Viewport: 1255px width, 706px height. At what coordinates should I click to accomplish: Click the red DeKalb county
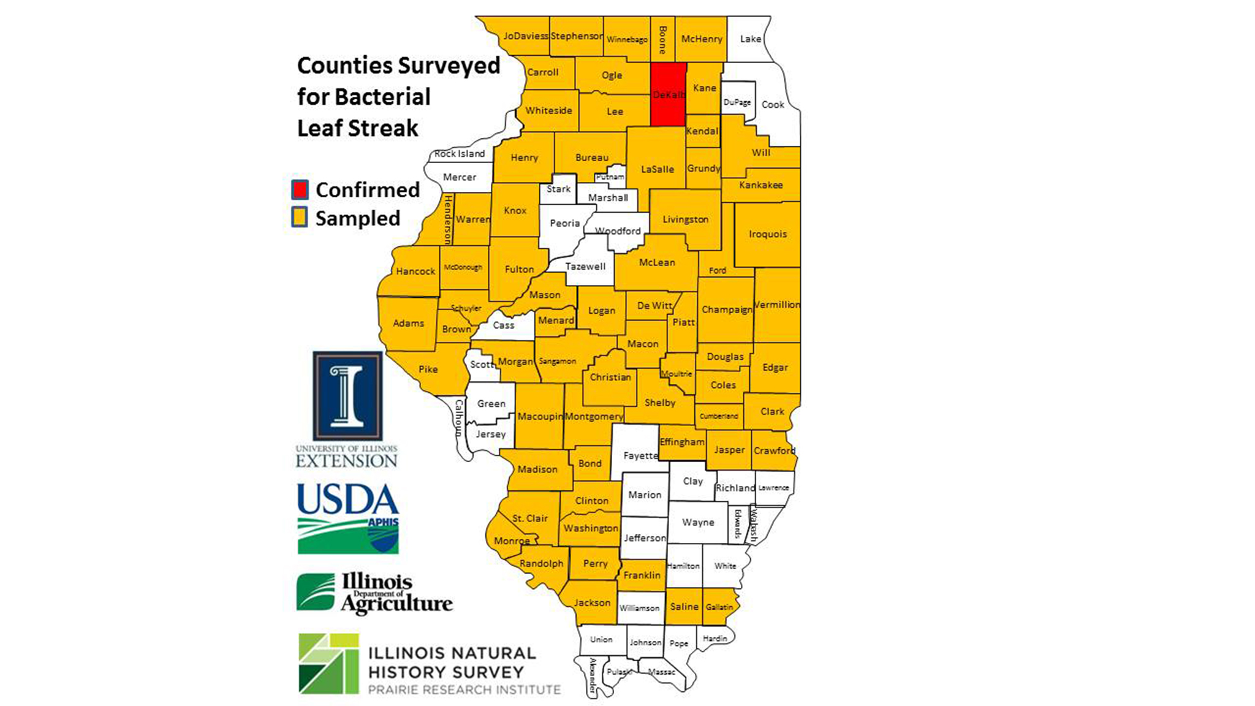(x=668, y=95)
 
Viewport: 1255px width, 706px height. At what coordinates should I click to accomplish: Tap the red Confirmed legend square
(x=300, y=190)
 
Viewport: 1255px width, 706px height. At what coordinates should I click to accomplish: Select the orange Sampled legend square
(x=300, y=218)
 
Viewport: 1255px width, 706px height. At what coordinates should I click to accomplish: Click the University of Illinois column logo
(x=347, y=396)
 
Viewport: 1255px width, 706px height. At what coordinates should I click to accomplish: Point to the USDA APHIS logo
(x=348, y=518)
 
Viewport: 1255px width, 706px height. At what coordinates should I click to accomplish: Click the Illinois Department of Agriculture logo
(x=374, y=593)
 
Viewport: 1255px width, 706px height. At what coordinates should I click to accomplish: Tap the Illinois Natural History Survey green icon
(x=328, y=664)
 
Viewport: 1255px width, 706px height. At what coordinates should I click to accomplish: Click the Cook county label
(x=773, y=105)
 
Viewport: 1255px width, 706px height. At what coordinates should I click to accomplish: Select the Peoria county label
(x=564, y=224)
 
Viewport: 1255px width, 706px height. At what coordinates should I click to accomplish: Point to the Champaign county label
(x=727, y=309)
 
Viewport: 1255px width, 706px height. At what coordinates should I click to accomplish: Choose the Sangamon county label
(x=558, y=362)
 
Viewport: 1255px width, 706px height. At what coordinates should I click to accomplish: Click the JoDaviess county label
(x=525, y=36)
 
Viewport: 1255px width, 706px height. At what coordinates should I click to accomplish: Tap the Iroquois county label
(x=768, y=234)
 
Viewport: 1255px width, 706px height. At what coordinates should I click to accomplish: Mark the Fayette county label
(x=640, y=456)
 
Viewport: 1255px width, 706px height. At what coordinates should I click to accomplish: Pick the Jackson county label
(x=592, y=603)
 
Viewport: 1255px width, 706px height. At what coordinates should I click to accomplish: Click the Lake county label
(x=751, y=39)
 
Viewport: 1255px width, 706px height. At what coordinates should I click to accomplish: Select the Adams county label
(x=409, y=324)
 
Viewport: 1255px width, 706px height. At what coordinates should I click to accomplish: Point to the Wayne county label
(x=698, y=523)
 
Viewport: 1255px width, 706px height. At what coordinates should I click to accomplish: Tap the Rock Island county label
(x=460, y=154)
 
